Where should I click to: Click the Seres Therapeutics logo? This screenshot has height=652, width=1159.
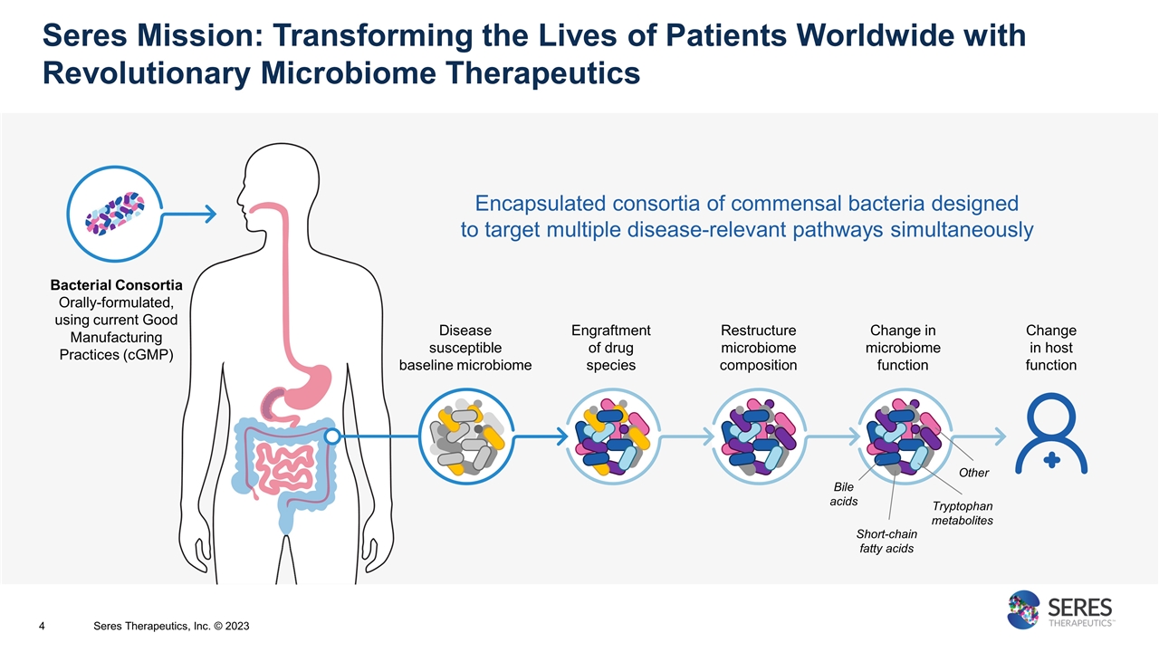[1060, 609]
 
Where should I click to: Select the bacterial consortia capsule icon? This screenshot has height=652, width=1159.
[116, 214]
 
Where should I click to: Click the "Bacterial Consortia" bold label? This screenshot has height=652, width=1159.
[116, 285]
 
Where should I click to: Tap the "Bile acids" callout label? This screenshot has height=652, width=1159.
[843, 494]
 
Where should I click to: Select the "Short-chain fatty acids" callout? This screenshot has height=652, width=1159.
[886, 541]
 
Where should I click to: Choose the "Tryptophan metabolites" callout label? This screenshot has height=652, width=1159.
[962, 513]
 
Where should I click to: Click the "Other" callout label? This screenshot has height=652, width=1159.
[974, 473]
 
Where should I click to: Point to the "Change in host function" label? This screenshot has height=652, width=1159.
[1051, 348]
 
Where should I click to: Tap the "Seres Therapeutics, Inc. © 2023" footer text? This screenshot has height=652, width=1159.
[172, 626]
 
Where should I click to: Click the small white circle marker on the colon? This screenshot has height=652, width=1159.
[332, 436]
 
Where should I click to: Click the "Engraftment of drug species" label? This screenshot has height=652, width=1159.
[611, 348]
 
